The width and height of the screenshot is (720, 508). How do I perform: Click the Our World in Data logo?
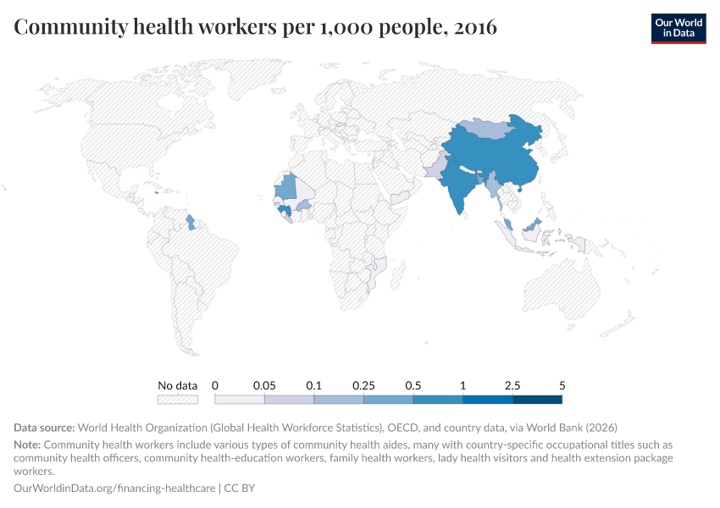tap(678, 27)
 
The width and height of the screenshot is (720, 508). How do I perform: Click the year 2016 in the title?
tap(475, 28)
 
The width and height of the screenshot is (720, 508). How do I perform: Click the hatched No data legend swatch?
tap(178, 400)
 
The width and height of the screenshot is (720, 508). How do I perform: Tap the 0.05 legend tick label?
tap(264, 385)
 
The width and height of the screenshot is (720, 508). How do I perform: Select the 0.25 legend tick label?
tap(363, 385)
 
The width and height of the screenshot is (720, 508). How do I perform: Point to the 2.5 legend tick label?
tap(512, 385)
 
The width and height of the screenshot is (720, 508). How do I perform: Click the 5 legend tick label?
tap(562, 385)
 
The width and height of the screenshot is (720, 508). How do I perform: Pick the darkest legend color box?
tap(537, 400)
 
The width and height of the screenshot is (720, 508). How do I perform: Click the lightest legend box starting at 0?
tap(240, 400)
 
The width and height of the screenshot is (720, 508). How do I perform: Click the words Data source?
tap(45, 428)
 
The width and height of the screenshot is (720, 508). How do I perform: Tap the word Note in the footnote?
tap(27, 444)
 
